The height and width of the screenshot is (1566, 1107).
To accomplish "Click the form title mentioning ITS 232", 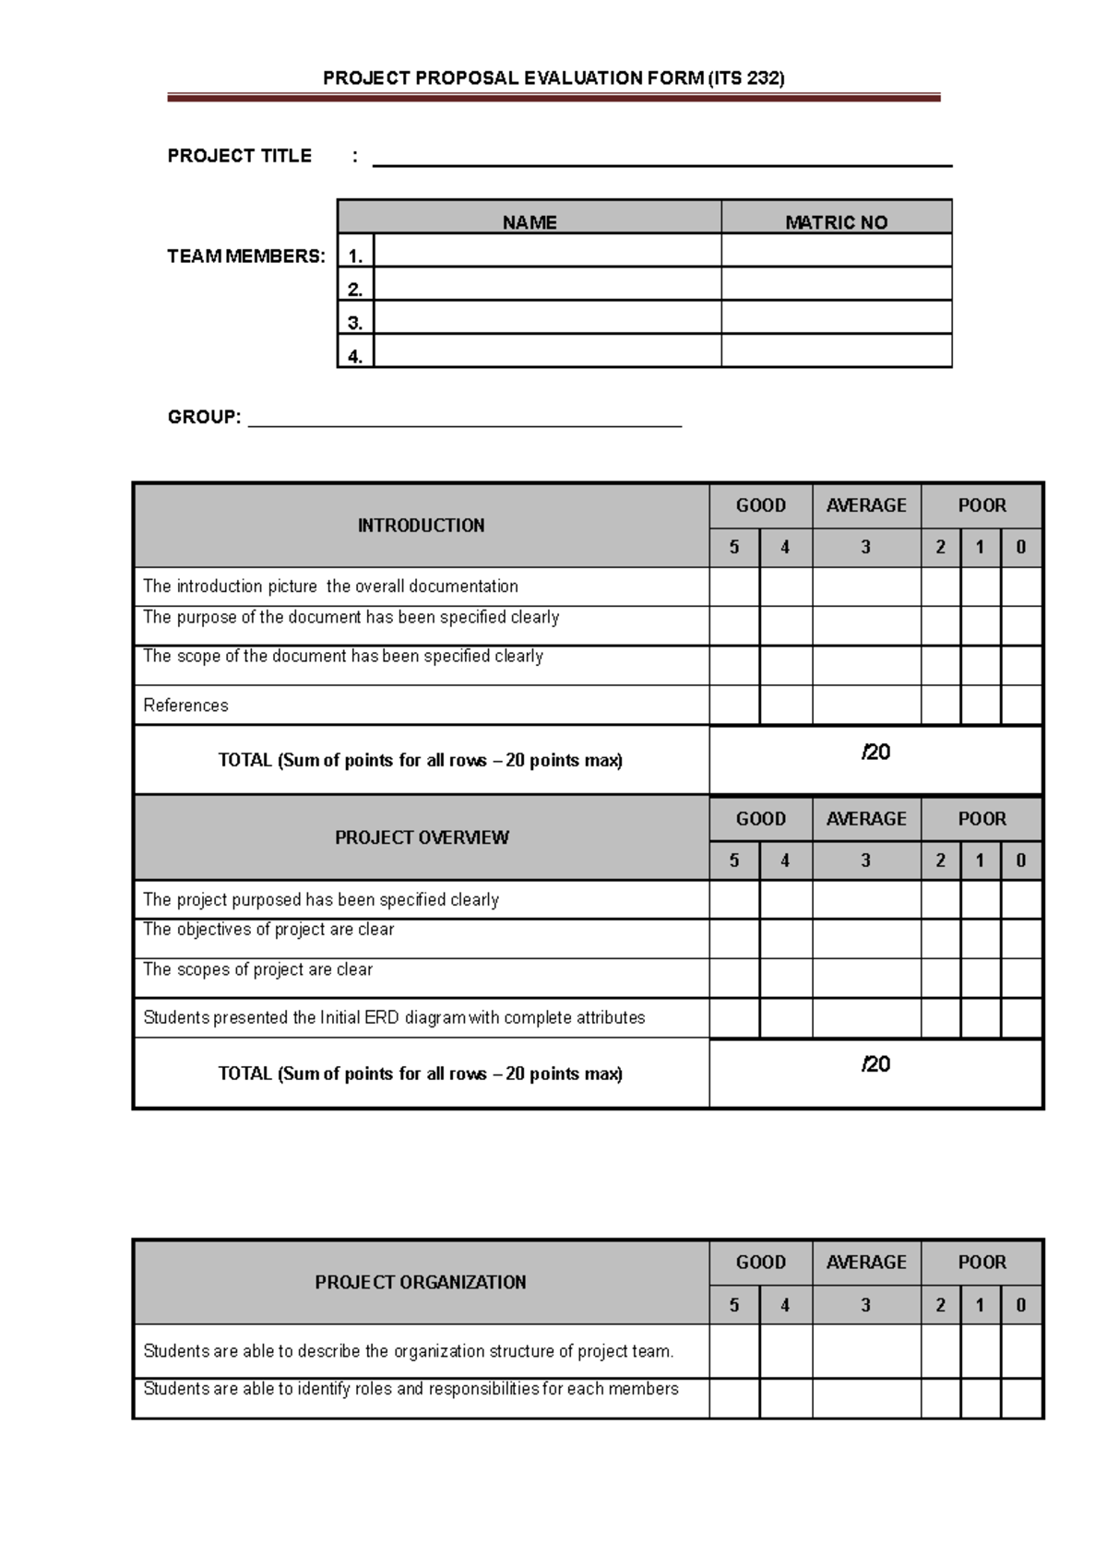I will [553, 78].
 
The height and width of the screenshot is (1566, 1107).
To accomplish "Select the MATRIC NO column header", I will [836, 221].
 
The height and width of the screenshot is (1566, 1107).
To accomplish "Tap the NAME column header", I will [530, 221].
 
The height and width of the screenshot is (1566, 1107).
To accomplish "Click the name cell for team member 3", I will [547, 317].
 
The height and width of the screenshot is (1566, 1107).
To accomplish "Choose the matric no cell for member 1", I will [836, 250].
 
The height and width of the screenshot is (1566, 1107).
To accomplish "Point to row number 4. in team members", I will [355, 355].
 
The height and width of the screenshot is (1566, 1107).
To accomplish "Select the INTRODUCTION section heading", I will [421, 526].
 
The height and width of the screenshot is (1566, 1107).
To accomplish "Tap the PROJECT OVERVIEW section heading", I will [421, 837].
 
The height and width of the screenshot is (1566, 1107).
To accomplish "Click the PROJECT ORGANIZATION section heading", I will [421, 1282].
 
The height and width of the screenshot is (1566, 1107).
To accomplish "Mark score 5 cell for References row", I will [734, 705].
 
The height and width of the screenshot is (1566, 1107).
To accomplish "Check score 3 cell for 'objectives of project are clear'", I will [866, 939].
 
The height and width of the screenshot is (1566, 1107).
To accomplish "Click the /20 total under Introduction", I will [875, 753].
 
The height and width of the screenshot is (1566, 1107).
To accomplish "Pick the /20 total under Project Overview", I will [875, 1064].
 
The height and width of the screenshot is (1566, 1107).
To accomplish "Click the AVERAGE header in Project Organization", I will [866, 1262].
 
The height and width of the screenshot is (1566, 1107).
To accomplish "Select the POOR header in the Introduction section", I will [982, 505].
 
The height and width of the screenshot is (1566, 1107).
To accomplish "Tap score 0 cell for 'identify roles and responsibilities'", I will [1021, 1398].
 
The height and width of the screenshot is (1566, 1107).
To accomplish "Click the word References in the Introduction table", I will [185, 706].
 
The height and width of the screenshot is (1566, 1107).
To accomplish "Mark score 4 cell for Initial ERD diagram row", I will [786, 1018].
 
